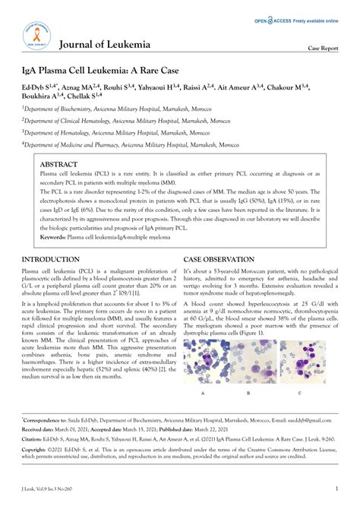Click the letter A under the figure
[x=202, y=393]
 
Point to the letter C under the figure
[x=299, y=393]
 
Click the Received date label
[x=39, y=428]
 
